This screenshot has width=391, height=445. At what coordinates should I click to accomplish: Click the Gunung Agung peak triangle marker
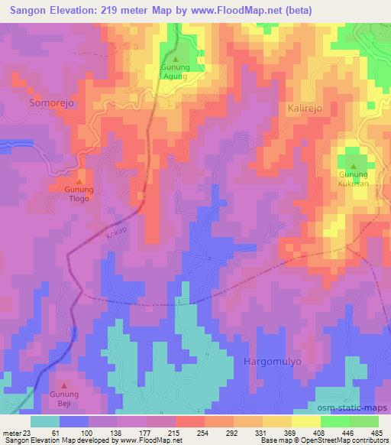176,58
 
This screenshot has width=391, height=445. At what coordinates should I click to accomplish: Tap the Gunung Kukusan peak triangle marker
353,165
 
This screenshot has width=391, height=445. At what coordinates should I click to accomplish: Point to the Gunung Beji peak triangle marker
63,385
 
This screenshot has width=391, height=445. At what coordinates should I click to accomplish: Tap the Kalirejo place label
305,109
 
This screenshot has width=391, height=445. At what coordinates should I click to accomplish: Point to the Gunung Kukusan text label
353,179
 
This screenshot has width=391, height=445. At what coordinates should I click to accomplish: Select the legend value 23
29,434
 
